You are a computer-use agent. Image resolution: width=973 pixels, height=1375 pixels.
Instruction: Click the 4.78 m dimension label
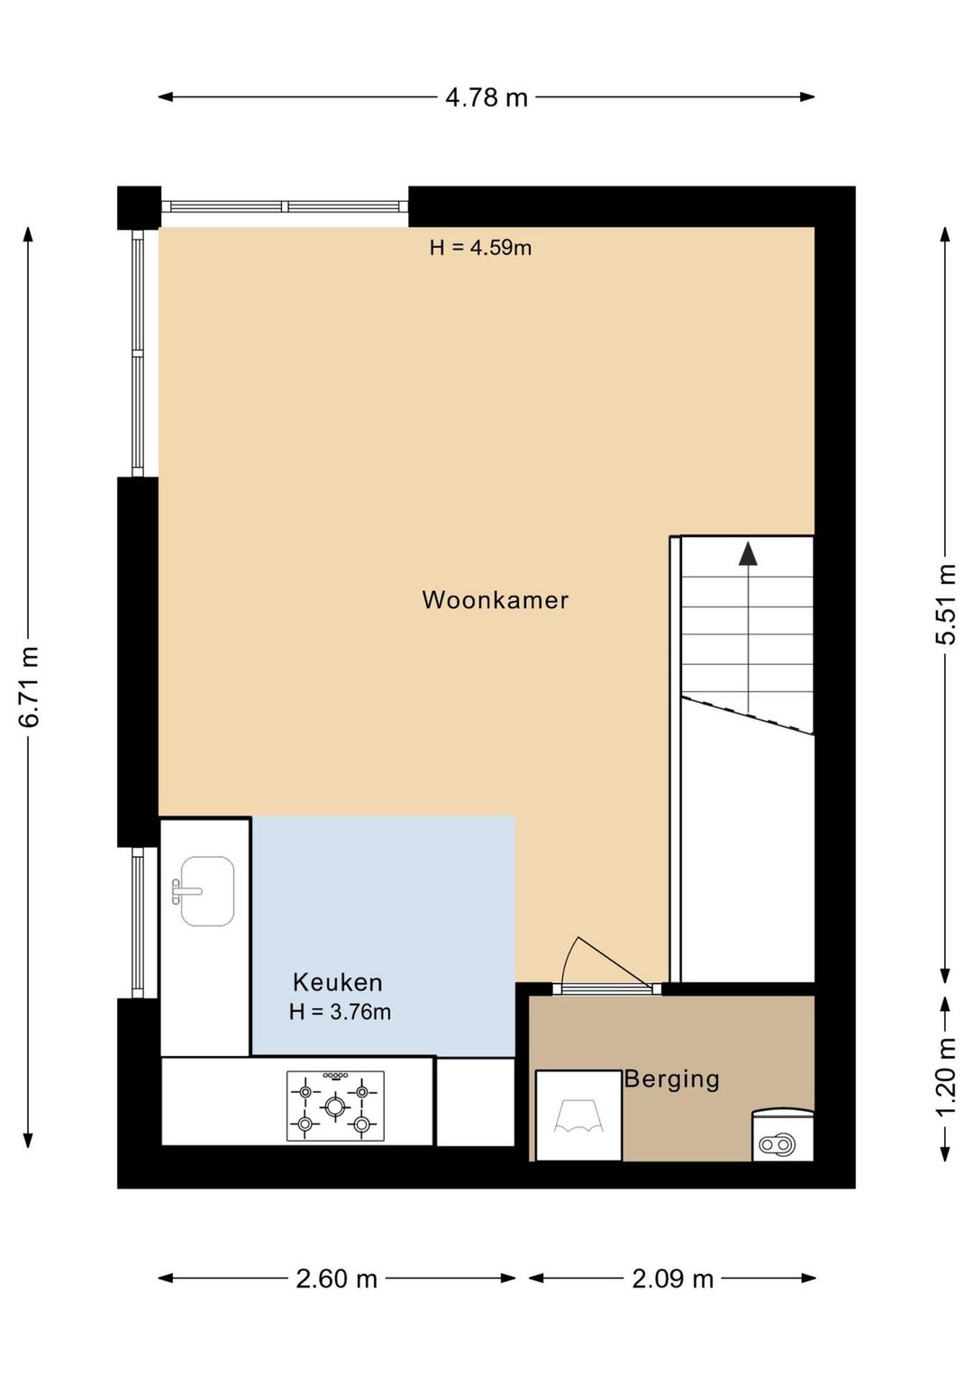[x=486, y=97]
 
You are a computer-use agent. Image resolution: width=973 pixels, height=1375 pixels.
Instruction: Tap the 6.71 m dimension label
[x=30, y=687]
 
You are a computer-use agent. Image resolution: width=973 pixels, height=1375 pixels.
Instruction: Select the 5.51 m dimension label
[x=945, y=604]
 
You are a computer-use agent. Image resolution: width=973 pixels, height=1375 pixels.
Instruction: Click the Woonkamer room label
[x=496, y=600]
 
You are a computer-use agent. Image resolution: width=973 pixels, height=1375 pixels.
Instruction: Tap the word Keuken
[x=338, y=982]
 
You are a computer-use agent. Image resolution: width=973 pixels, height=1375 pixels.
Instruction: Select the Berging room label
[x=671, y=1079]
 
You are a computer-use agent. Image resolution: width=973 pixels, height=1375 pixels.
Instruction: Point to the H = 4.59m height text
[x=481, y=248]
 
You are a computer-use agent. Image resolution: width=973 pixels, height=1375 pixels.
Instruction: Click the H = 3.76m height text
[x=340, y=1012]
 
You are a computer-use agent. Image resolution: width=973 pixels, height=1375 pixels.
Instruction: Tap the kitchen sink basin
[x=207, y=890]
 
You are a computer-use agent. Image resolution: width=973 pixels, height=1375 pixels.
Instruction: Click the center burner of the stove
[x=334, y=1106]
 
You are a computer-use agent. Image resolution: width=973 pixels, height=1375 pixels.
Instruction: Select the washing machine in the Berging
[x=578, y=1115]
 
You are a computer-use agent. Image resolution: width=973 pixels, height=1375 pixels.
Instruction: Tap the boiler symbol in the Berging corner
[x=783, y=1134]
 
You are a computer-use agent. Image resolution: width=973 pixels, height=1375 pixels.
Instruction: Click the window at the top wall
[x=285, y=206]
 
